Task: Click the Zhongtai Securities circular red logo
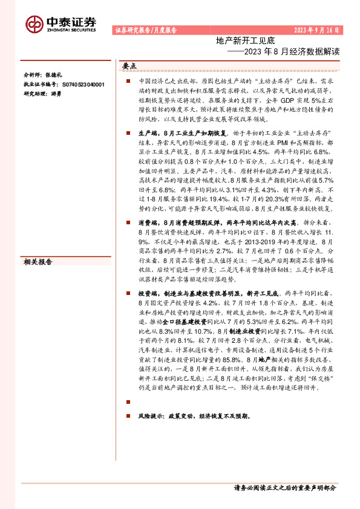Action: click(x=34, y=23)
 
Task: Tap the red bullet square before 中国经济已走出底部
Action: click(x=128, y=80)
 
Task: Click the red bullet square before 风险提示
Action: click(x=128, y=417)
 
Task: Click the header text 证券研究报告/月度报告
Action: click(x=145, y=30)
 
